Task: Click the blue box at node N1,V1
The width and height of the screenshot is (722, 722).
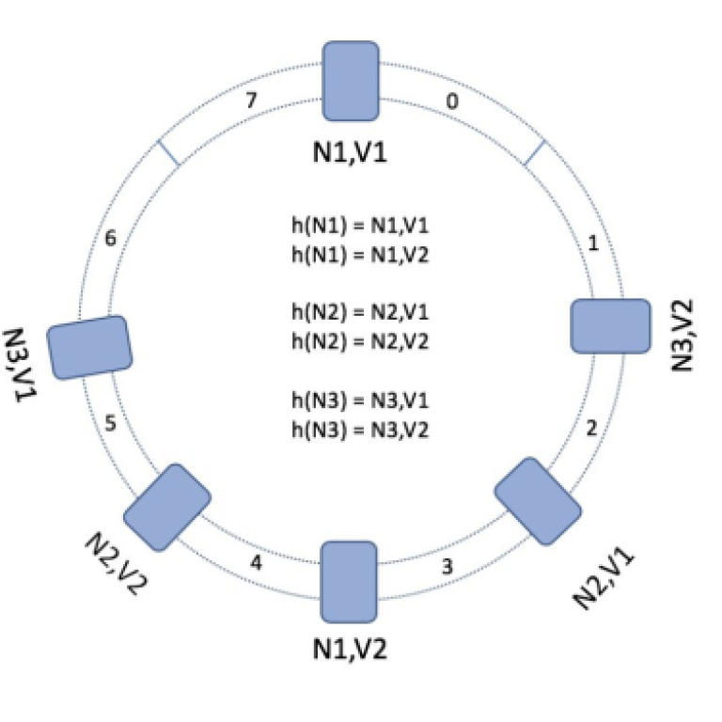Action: click(351, 81)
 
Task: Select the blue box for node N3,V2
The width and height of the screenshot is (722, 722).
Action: click(611, 326)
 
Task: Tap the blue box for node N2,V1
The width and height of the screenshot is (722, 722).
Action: click(538, 500)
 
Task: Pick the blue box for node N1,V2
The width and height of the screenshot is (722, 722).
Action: click(350, 582)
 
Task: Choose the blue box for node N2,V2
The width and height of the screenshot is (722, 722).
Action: click(166, 506)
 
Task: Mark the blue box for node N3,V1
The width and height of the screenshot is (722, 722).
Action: click(90, 347)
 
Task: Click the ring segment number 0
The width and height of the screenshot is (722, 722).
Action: click(452, 102)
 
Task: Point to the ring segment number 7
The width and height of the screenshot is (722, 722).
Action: click(250, 101)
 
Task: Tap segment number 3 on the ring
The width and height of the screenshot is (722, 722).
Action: click(447, 567)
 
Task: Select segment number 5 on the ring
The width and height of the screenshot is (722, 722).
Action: click(110, 424)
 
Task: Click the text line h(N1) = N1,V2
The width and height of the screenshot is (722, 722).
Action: click(360, 255)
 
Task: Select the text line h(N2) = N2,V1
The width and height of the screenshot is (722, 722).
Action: click(360, 312)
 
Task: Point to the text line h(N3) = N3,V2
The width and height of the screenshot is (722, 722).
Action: click(360, 428)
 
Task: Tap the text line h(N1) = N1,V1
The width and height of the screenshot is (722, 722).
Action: click(360, 227)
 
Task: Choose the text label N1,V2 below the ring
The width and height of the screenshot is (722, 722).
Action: click(351, 648)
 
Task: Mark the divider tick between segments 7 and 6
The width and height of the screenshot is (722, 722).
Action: click(168, 153)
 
